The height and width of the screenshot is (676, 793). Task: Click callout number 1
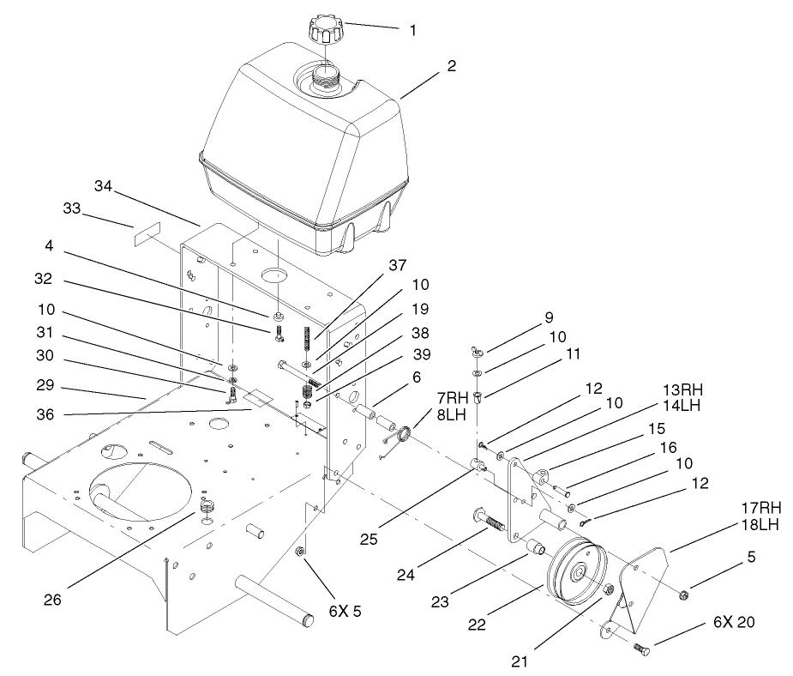click(x=412, y=31)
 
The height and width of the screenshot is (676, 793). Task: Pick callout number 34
click(x=104, y=186)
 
